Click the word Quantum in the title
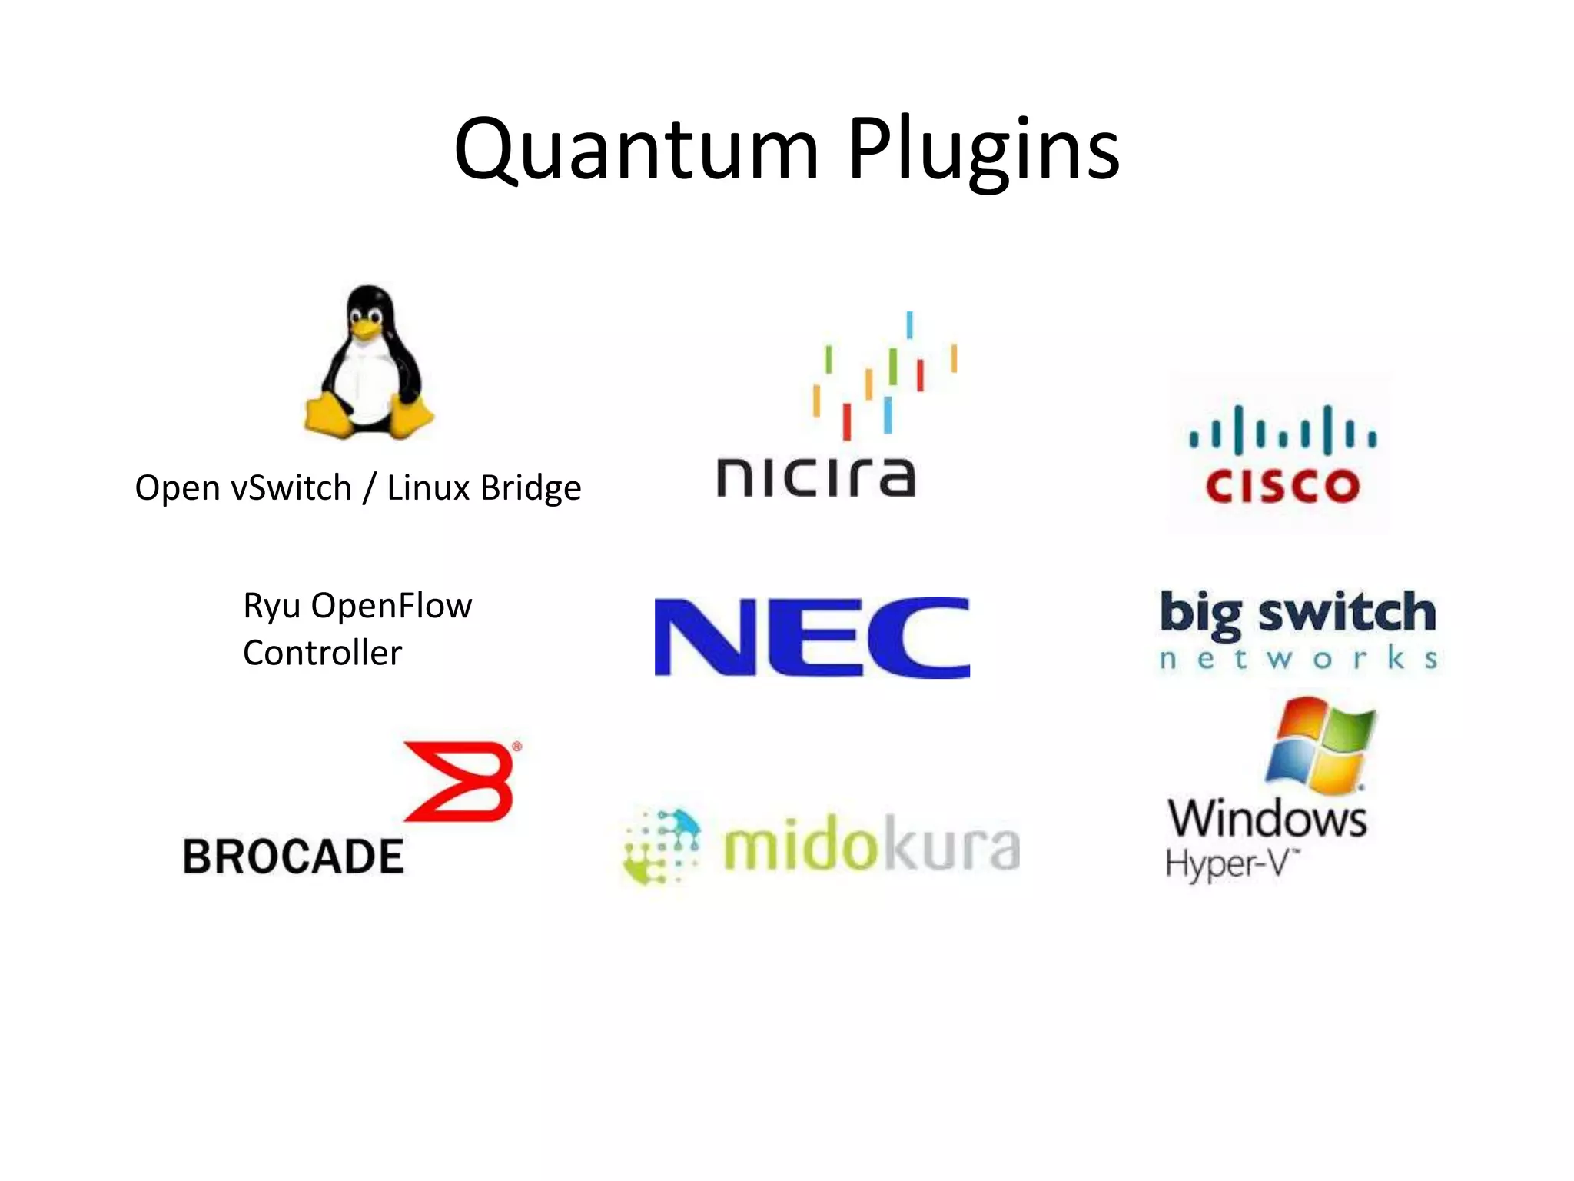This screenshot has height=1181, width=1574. [636, 150]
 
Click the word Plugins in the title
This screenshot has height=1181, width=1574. [983, 150]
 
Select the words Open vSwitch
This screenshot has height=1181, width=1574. [243, 487]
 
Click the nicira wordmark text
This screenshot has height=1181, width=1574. [815, 477]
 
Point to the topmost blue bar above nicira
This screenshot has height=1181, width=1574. [909, 324]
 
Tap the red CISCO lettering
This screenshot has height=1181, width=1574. [1282, 486]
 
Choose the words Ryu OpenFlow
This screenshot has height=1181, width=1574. [357, 606]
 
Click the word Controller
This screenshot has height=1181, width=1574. [322, 653]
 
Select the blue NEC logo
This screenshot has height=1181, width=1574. [812, 637]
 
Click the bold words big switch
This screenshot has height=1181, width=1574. [1297, 614]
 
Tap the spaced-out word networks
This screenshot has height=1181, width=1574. [1297, 659]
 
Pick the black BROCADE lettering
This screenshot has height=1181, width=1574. [293, 857]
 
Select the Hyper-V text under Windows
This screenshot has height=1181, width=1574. [1230, 863]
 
